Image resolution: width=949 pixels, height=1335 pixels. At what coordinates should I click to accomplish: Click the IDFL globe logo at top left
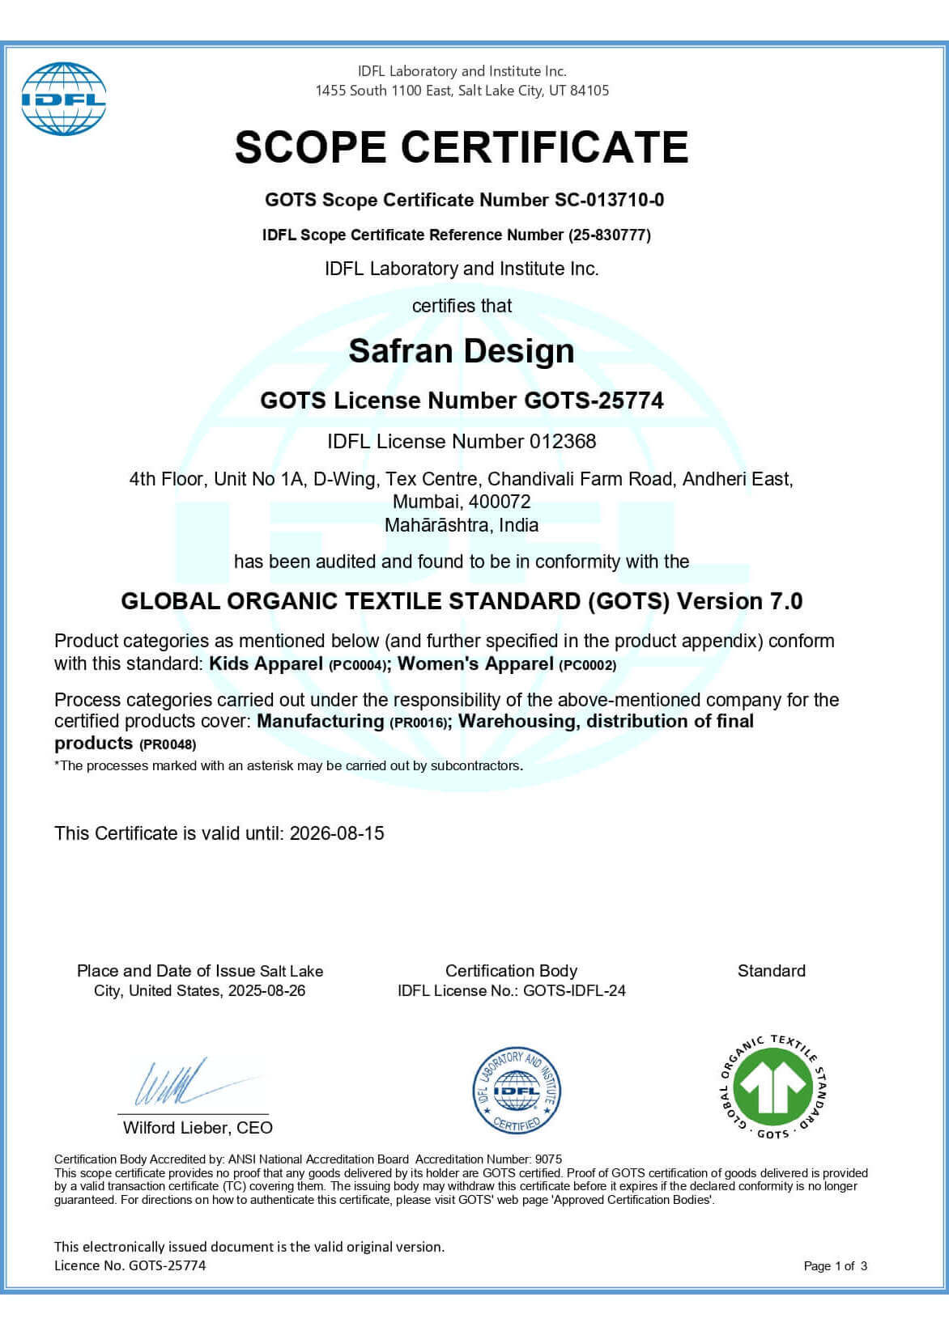(63, 99)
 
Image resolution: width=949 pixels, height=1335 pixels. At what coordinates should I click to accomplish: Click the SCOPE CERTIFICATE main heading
(462, 147)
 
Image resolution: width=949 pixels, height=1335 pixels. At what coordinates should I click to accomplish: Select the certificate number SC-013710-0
(609, 200)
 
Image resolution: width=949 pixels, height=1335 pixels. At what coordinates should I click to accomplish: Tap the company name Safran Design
(462, 351)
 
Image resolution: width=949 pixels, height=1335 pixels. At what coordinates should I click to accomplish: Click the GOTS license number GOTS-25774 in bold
(594, 400)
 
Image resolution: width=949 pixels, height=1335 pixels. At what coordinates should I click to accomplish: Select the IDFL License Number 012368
(563, 442)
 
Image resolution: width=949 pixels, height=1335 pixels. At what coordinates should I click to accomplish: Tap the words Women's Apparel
(475, 664)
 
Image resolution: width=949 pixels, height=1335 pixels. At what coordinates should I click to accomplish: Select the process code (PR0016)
(419, 723)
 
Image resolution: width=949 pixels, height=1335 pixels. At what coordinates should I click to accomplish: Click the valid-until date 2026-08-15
(337, 833)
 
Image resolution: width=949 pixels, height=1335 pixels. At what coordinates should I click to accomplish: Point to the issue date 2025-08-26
(266, 991)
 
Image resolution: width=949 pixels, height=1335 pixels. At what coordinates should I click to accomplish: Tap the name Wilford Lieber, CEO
(198, 1128)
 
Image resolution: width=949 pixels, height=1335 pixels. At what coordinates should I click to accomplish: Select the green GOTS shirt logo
(772, 1087)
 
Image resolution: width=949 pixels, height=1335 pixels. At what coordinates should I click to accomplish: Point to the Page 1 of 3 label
(835, 1266)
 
